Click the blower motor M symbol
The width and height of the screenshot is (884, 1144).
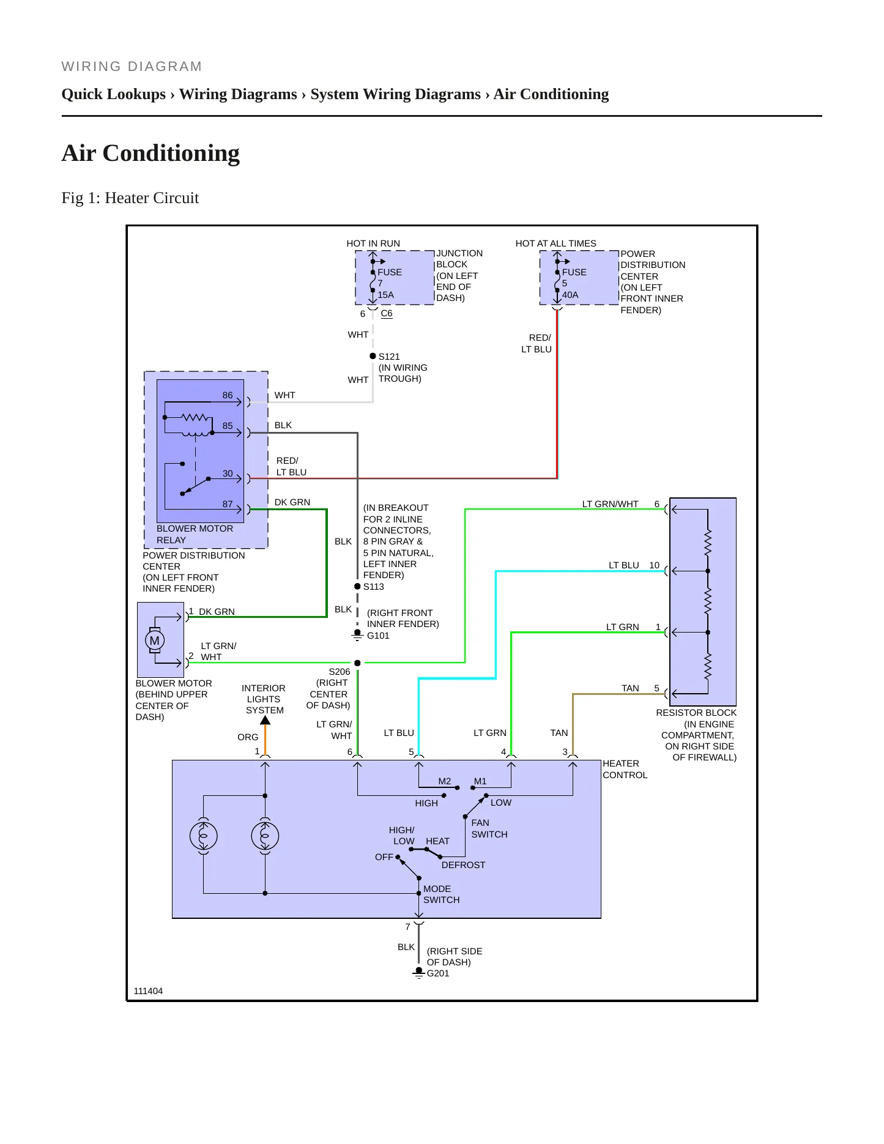tap(155, 641)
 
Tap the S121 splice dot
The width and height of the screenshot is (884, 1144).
tap(373, 356)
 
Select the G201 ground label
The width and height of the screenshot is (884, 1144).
tap(438, 973)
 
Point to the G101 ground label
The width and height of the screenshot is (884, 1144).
tap(378, 636)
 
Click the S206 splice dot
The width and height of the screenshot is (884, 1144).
tap(357, 663)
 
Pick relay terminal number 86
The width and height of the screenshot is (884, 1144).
tap(228, 395)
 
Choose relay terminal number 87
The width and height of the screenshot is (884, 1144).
tap(228, 504)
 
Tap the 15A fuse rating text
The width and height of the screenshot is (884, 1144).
tap(385, 295)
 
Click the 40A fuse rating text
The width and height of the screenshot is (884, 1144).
tap(570, 295)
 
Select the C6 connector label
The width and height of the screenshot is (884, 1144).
tap(387, 313)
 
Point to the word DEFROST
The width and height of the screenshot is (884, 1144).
tap(463, 865)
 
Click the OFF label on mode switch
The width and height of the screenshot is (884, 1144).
tap(384, 857)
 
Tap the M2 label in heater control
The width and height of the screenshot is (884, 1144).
tap(445, 781)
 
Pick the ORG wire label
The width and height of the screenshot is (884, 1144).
tap(248, 737)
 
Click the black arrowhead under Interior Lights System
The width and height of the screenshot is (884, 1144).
tap(265, 721)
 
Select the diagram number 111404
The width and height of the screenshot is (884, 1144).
tap(148, 991)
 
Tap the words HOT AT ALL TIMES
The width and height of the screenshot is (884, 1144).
tap(555, 243)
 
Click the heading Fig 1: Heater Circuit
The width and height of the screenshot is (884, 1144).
tap(130, 198)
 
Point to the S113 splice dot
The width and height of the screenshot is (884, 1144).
tap(357, 586)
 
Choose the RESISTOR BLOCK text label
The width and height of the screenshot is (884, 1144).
tap(696, 713)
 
